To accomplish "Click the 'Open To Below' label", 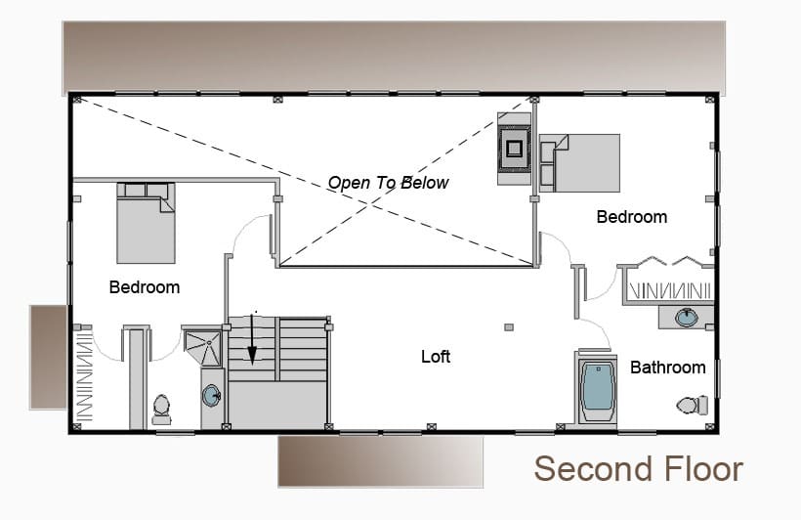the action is (388, 183).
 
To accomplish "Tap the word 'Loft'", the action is (436, 357).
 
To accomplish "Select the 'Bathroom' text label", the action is (668, 368).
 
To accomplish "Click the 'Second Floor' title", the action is (638, 469).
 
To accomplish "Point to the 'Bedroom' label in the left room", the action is (145, 286).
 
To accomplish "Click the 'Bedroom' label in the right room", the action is (632, 217).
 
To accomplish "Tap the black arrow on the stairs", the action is (252, 339).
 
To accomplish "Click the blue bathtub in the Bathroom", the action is (598, 386).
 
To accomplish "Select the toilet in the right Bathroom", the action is (693, 405).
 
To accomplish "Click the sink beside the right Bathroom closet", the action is (686, 318).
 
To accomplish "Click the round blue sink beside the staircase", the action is (212, 396).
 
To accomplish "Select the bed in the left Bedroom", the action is (147, 224).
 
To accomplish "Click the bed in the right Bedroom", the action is (580, 163).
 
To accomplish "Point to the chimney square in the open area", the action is (515, 149).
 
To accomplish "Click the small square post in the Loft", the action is (509, 327).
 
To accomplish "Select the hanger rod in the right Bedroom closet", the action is (670, 291).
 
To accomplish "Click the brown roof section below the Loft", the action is (381, 461).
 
